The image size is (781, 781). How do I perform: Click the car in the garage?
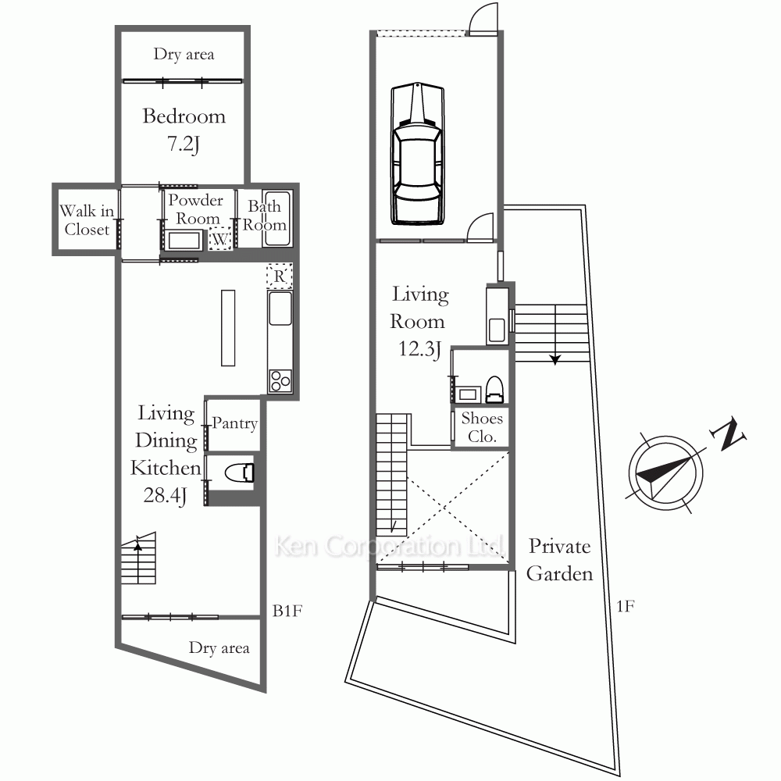coord(417,153)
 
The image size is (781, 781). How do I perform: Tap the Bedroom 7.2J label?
coord(184,130)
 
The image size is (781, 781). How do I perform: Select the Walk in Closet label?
coord(87,219)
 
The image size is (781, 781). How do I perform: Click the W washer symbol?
coord(219,238)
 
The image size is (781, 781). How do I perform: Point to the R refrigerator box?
coord(280,276)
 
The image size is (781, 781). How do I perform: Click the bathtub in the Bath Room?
coord(276,219)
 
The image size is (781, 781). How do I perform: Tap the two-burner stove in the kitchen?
coord(280,381)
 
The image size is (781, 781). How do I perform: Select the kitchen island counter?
coord(228,328)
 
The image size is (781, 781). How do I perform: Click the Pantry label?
coord(234,423)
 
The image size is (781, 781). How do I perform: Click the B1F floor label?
coord(287,611)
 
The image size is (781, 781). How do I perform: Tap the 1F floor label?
coord(625,606)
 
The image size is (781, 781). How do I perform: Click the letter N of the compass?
coord(729,433)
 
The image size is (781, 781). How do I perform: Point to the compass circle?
coord(665,473)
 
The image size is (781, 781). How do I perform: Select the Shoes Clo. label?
coord(482,427)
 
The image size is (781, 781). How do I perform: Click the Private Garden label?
coord(560,560)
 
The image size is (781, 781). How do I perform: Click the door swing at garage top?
coord(483,19)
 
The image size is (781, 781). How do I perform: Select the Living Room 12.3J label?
coord(419,321)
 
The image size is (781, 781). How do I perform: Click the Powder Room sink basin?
coord(184,241)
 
